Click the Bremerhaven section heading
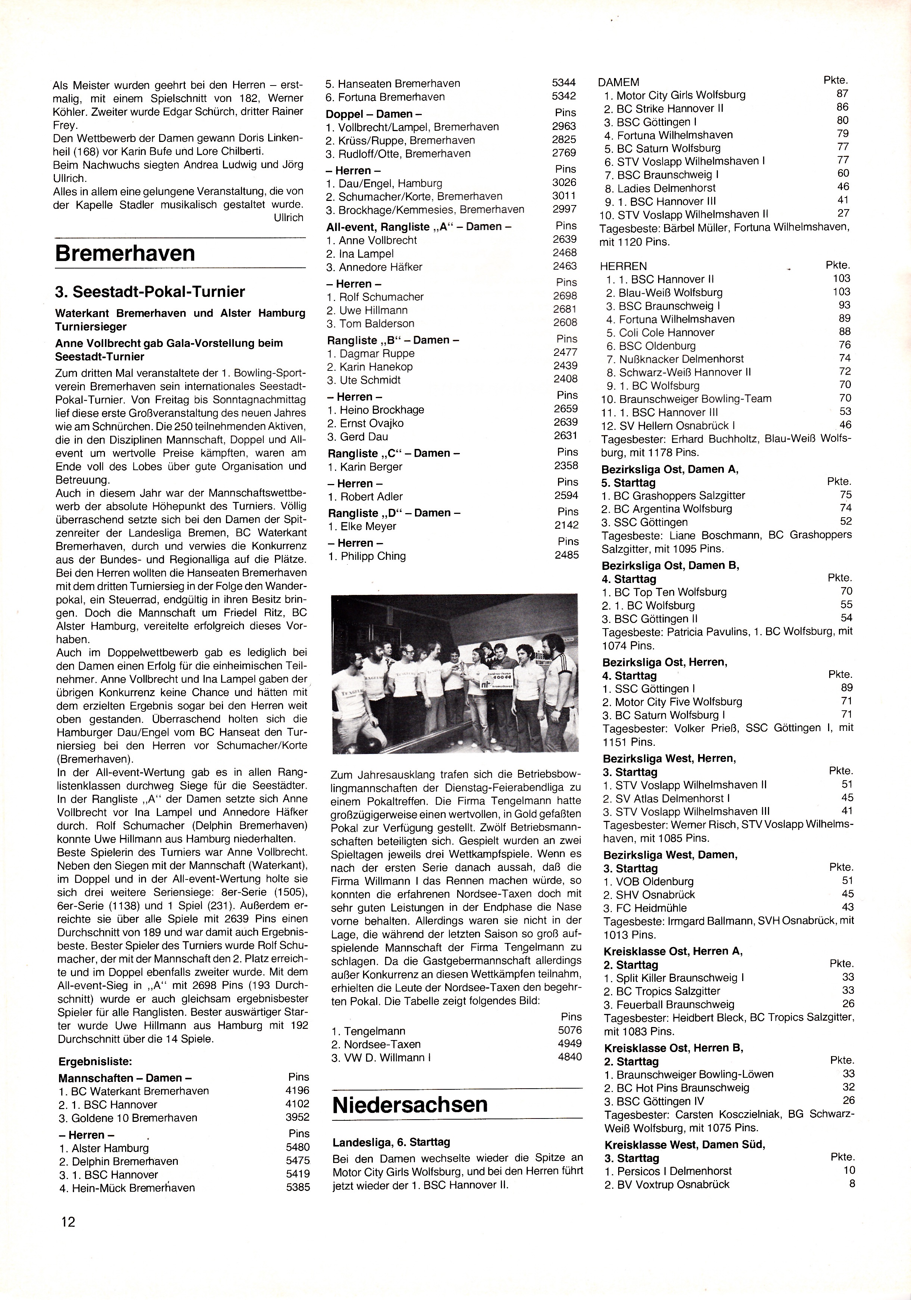(124, 252)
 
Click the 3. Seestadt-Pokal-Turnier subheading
(150, 292)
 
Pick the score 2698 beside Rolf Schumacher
(565, 296)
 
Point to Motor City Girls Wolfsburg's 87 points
(843, 94)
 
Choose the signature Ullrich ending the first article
(288, 217)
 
